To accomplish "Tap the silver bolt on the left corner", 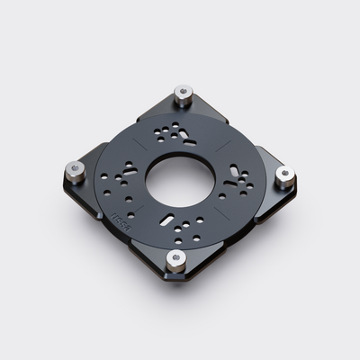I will (74, 166).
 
